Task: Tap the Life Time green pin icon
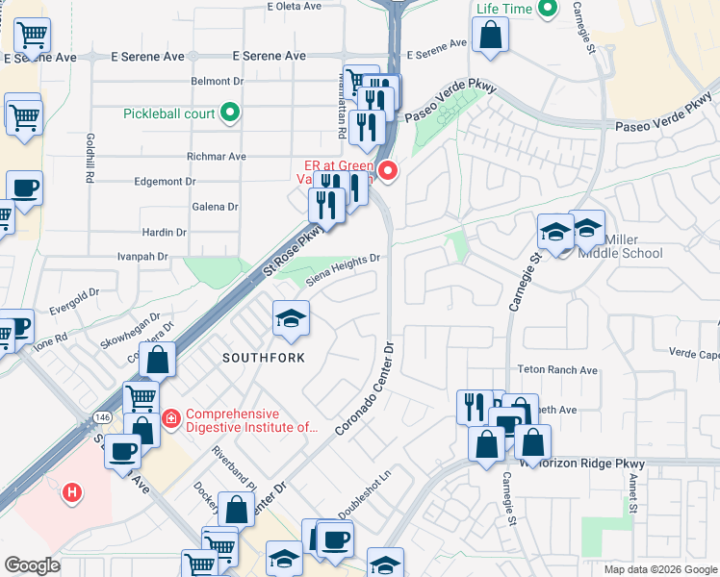548,10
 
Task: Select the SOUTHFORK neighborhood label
264,358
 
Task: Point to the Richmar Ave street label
217,156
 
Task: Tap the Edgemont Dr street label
165,181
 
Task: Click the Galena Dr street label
216,207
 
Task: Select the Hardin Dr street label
164,232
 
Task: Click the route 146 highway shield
101,416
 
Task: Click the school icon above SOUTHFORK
291,317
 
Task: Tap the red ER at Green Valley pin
389,172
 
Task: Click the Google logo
32,565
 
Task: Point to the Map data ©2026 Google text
660,569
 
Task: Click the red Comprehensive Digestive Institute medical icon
171,417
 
